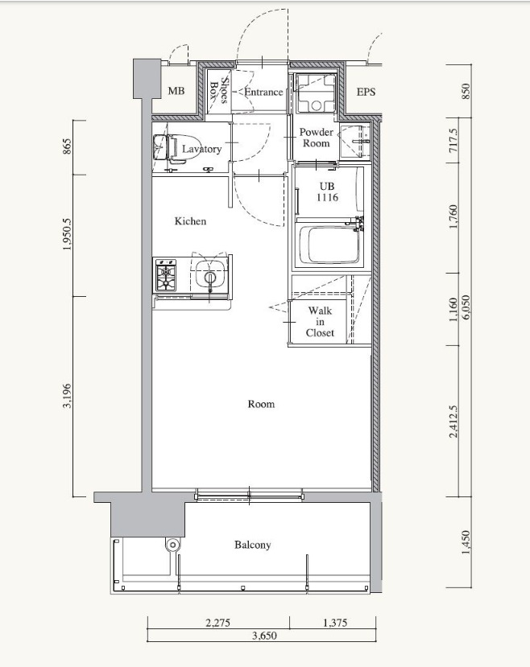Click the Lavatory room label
(x=202, y=149)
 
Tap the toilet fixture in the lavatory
(x=175, y=148)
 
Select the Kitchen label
(x=190, y=221)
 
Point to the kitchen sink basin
(x=210, y=275)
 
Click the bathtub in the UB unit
(x=330, y=245)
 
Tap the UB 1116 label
(x=327, y=191)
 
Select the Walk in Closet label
(x=320, y=322)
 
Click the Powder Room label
(x=316, y=138)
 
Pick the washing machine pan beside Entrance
(x=316, y=93)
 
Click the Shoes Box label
(x=219, y=91)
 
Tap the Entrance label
(x=263, y=92)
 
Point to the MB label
(x=176, y=91)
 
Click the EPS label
(x=366, y=92)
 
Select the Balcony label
(x=252, y=545)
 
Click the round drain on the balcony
(x=172, y=545)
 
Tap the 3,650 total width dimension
(x=264, y=636)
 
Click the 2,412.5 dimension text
(x=453, y=421)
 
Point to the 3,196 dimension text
(x=68, y=396)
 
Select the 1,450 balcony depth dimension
(x=466, y=542)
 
